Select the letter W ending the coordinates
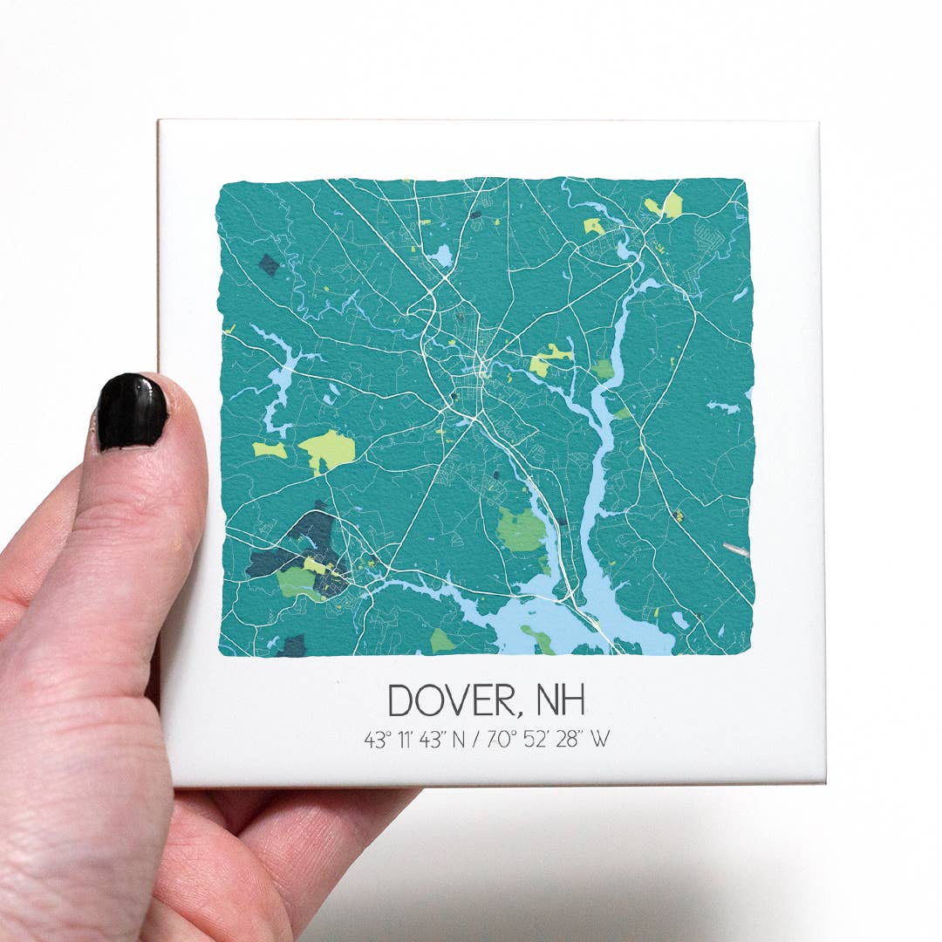pos(599,740)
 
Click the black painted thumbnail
pos(132,413)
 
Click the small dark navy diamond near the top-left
pos(269,265)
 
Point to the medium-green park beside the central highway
pos(521,529)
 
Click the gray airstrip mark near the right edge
pos(735,549)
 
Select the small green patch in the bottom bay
pos(539,639)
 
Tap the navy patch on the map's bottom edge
pos(293,646)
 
